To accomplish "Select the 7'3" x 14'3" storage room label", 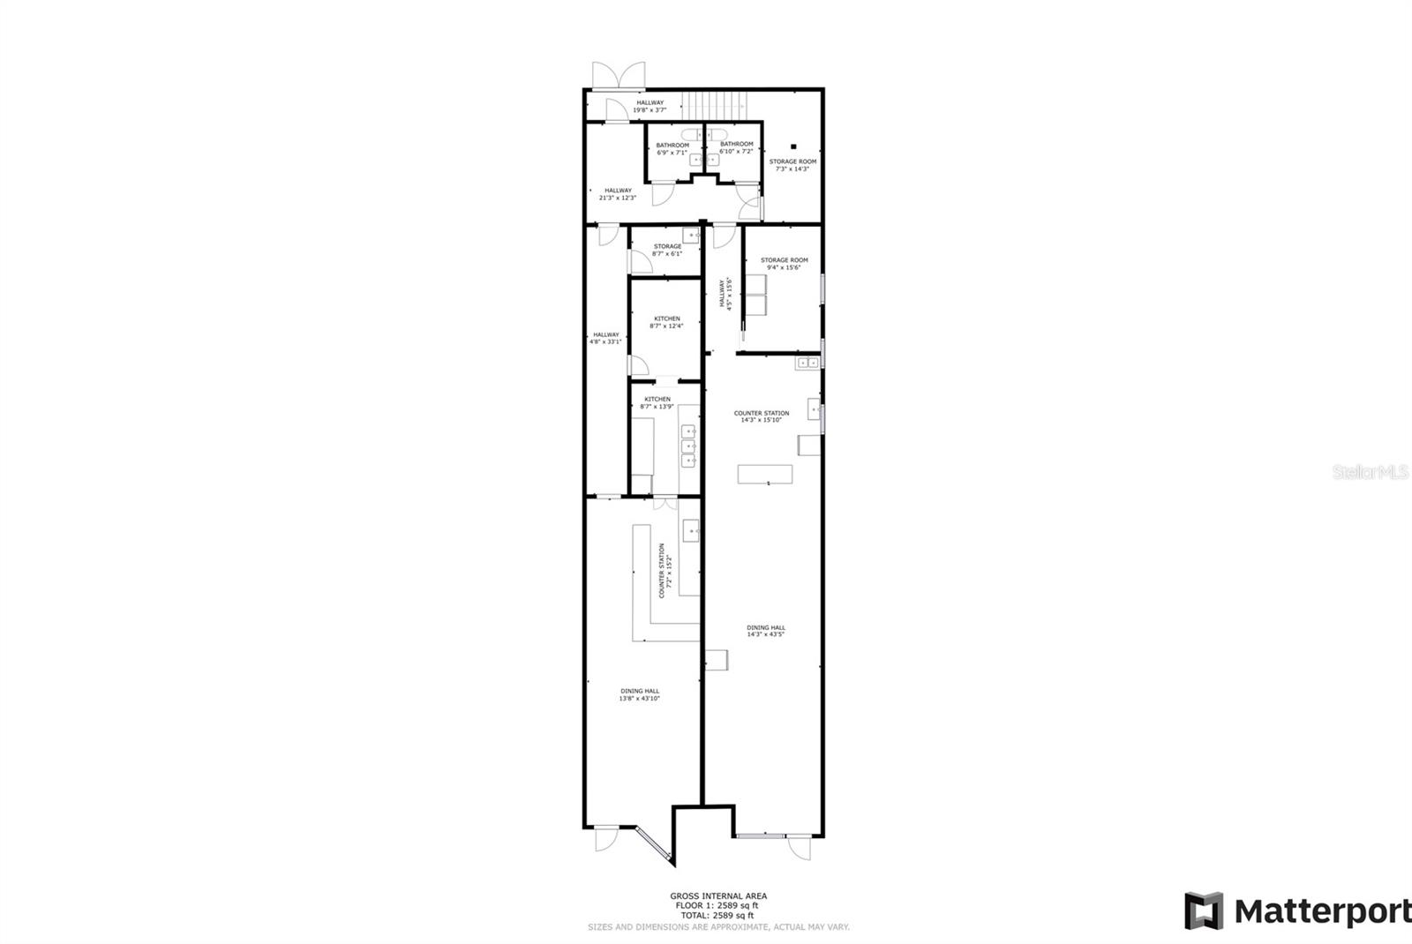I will (792, 165).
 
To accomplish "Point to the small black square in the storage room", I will (793, 146).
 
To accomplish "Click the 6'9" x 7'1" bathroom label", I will (672, 149).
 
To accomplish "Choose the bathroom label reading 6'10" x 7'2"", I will (736, 147).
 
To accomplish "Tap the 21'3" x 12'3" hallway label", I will (618, 194).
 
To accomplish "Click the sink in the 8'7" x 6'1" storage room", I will (691, 236).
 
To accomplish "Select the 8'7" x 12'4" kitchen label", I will (666, 322).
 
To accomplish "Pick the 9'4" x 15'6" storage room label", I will (784, 264).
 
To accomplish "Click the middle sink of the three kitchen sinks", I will (688, 446).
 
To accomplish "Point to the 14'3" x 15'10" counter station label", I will (762, 416).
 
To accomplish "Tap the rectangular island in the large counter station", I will (765, 474).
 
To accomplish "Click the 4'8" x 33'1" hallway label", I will (605, 338).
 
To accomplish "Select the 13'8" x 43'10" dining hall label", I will (639, 695).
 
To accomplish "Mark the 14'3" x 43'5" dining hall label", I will (765, 631).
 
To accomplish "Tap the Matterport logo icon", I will (1204, 910).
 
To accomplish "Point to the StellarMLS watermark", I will (1371, 472).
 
